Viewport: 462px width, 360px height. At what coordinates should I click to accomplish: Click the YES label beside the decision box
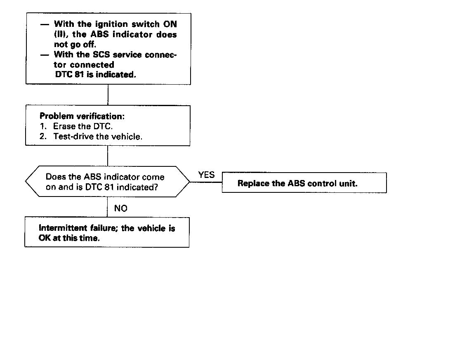(x=206, y=175)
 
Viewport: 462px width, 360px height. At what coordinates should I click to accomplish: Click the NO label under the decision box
(x=120, y=208)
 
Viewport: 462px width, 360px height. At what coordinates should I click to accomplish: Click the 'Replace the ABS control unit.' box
(x=304, y=183)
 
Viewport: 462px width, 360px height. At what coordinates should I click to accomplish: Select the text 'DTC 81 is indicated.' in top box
(x=95, y=75)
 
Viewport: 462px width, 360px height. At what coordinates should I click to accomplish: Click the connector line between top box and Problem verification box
(x=108, y=95)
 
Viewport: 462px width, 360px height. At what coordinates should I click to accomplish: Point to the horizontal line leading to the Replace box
(x=205, y=182)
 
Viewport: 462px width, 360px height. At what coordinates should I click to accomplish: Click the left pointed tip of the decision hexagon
(x=26, y=182)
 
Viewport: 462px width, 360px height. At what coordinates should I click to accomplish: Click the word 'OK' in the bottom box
(x=45, y=239)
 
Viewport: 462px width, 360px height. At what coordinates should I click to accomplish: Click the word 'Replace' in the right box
(x=253, y=183)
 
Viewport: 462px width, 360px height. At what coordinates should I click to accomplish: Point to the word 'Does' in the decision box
(x=55, y=177)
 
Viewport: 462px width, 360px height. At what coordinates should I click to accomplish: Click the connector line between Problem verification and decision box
(x=108, y=156)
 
